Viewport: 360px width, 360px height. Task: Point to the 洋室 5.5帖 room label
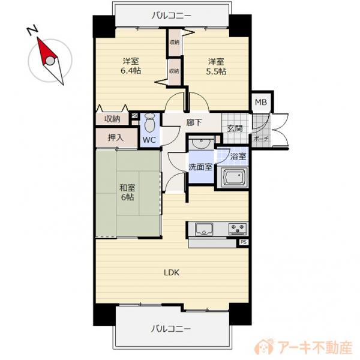(x=217, y=66)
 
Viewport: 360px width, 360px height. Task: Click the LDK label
(x=173, y=271)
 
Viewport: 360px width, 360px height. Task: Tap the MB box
(x=261, y=101)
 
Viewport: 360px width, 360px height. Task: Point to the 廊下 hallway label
(x=193, y=123)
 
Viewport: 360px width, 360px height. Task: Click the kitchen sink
(x=203, y=229)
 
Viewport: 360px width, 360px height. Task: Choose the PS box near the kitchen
(x=243, y=242)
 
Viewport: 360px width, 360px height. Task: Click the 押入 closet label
(x=115, y=137)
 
